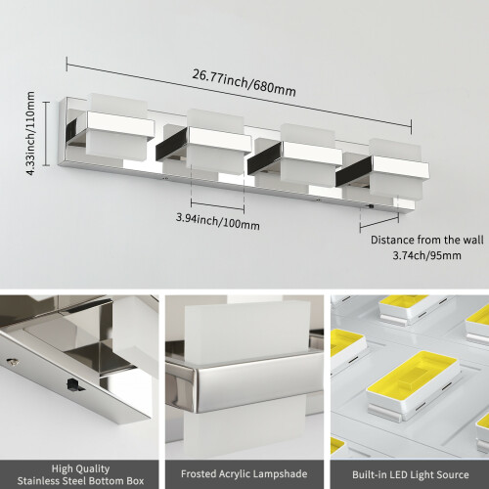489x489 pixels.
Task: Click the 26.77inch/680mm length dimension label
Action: click(244, 83)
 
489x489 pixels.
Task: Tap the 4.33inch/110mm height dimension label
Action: click(30, 134)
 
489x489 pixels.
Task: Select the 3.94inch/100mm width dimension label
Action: click(218, 221)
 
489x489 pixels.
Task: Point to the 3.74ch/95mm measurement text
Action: click(426, 255)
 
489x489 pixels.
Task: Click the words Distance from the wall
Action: click(427, 240)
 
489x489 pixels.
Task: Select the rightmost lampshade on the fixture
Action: click(397, 172)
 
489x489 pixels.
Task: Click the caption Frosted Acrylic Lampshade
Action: click(244, 473)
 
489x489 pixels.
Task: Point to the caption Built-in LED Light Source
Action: click(411, 474)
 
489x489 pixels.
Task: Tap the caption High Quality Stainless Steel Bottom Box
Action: click(80, 474)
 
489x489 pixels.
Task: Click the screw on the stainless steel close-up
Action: click(13, 361)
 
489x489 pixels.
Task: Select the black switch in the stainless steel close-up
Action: click(73, 385)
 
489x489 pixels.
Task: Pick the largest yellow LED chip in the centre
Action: click(413, 373)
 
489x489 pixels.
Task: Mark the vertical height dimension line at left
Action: click(47, 134)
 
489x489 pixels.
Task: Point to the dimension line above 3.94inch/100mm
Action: click(218, 206)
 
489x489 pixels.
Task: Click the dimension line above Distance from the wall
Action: click(379, 223)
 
